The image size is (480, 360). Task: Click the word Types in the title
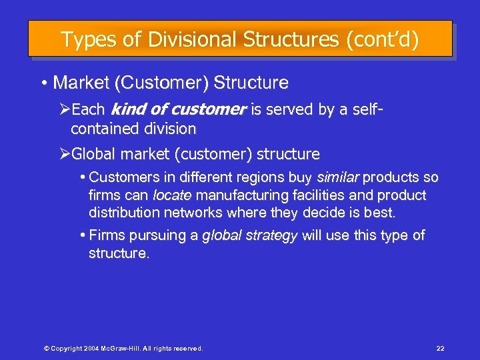pos(85,39)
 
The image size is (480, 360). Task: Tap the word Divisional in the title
pos(172,39)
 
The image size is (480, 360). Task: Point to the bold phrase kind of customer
pos(178,109)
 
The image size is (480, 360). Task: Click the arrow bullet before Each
pos(64,109)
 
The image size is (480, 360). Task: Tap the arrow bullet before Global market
pos(64,154)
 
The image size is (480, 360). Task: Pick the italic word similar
pos(338,177)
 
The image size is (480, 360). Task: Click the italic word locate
pos(172,195)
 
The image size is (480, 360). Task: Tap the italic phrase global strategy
pos(249,235)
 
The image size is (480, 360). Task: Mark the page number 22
pos(440,348)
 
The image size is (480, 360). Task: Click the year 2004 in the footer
pos(91,348)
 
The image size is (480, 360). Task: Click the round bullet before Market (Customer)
pos(43,84)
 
